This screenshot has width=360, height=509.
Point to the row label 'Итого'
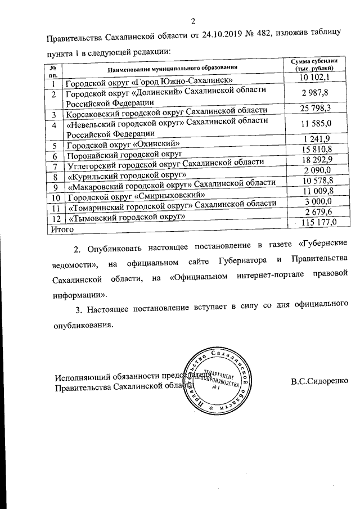pyautogui.click(x=59, y=229)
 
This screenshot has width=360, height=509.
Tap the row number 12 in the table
pyautogui.click(x=55, y=218)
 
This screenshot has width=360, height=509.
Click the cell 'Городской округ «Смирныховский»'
pyautogui.click(x=135, y=197)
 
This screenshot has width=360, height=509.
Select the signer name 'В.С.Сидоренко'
pyautogui.click(x=319, y=381)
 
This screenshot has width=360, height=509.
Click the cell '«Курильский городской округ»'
pyautogui.click(x=127, y=176)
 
